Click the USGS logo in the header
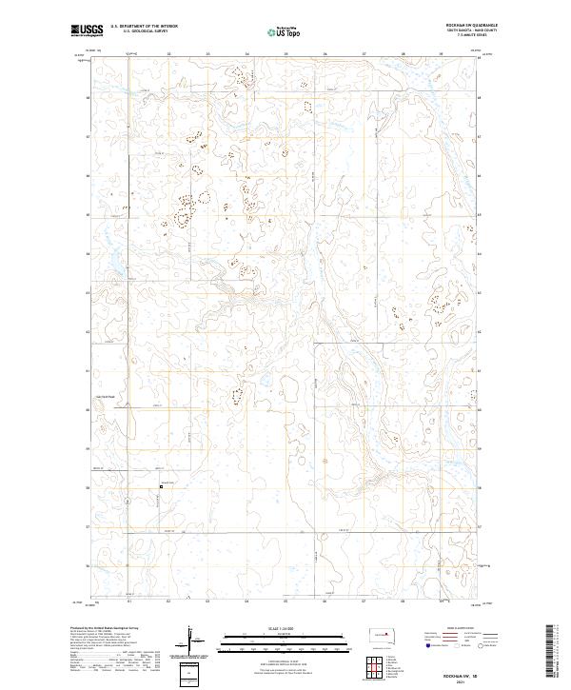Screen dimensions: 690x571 point(88,30)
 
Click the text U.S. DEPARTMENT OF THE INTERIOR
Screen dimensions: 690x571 point(144,27)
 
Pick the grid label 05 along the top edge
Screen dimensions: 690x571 point(285,54)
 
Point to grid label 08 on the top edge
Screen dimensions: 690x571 point(404,54)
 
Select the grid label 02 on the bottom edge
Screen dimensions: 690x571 point(168,602)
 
